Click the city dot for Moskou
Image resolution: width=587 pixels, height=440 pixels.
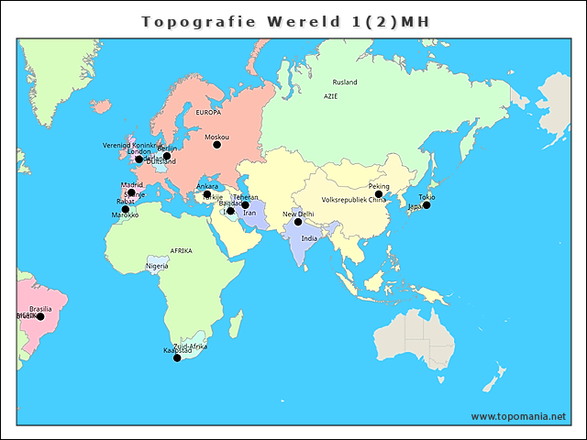217,145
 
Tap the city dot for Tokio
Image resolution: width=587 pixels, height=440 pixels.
426,205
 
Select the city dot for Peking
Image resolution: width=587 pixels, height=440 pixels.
378,194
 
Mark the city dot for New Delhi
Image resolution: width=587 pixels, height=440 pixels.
298,222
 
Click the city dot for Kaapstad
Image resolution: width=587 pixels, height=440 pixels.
177,357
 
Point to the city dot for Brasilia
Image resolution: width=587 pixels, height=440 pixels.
40,317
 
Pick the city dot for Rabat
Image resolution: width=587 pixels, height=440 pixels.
126,209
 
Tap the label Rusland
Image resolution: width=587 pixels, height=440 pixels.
345,82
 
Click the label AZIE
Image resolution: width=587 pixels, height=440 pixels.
331,96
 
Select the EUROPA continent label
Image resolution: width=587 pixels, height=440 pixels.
209,113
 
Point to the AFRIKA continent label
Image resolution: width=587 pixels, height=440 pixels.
181,250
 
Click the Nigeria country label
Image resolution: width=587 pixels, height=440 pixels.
158,267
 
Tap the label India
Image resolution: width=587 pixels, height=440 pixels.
309,238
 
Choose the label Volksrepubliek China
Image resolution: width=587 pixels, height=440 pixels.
354,200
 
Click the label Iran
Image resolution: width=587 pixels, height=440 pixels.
249,213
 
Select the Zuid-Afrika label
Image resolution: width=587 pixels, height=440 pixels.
190,346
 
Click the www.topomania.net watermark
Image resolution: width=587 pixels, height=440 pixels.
518,416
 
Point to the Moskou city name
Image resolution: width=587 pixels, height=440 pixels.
217,137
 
